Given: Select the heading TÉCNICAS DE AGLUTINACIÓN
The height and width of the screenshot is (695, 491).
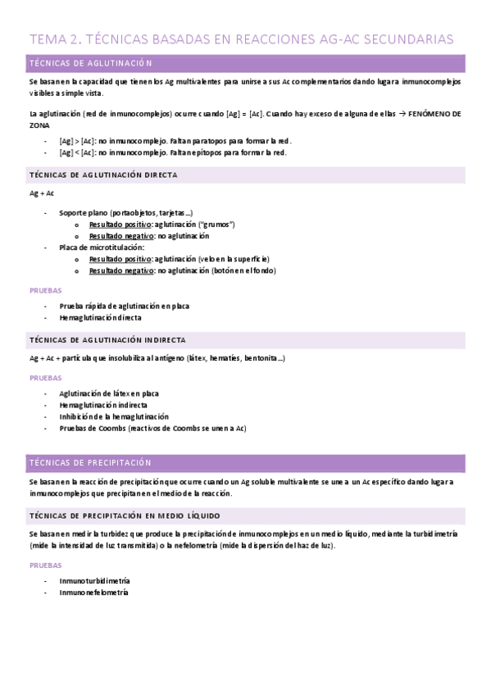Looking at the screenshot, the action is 90,64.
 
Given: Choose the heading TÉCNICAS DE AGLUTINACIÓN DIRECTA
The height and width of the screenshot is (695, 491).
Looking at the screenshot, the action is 102,175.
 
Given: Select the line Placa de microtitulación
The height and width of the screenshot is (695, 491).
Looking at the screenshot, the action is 102,247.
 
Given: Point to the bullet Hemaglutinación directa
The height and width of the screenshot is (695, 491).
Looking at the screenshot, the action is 100,317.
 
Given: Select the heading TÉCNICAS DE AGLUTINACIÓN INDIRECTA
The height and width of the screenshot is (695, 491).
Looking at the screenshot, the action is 107,339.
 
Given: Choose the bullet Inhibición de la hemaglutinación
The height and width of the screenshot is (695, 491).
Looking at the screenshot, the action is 114,416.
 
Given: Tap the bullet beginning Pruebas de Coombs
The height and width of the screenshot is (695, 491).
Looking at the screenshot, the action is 152,428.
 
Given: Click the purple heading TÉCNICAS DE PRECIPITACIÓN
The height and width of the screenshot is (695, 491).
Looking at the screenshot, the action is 90,462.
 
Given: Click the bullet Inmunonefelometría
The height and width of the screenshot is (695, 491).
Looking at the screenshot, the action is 93,593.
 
